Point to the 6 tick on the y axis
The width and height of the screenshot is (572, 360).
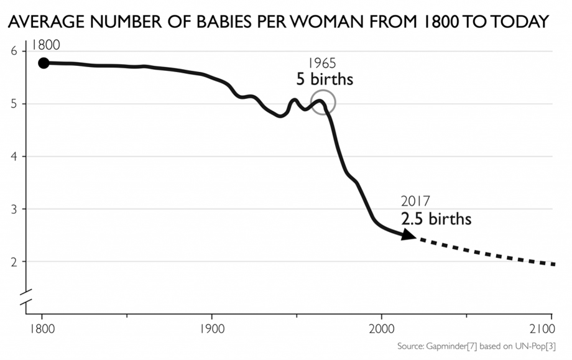click(14, 51)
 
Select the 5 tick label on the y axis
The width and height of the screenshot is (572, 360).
click(14, 104)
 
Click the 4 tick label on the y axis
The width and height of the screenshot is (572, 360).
click(14, 156)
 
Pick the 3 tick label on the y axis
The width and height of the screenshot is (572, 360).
click(14, 209)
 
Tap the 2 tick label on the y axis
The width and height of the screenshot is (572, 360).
click(14, 262)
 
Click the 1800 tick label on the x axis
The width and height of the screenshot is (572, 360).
click(42, 328)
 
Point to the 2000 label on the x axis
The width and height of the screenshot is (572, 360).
click(381, 328)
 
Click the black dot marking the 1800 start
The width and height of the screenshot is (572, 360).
click(44, 63)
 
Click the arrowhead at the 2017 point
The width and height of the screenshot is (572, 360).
click(409, 235)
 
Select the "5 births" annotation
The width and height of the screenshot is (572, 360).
click(324, 80)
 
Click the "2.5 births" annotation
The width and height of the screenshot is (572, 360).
click(436, 219)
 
